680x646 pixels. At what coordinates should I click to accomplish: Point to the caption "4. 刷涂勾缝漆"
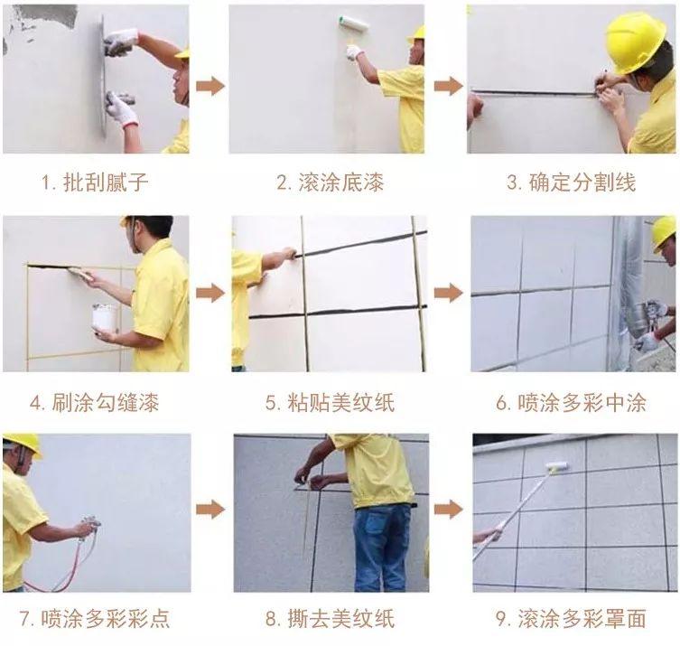95,402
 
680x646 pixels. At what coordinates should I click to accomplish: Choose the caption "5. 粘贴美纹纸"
330,402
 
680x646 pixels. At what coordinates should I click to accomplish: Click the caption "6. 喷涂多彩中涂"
571,402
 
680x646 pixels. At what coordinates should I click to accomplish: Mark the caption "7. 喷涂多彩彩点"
95,619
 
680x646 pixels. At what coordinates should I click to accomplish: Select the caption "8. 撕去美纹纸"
330,619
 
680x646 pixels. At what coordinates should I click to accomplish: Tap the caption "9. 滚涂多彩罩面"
571,619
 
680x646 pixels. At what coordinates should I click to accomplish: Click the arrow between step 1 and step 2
210,86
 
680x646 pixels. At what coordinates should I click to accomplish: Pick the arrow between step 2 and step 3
448,86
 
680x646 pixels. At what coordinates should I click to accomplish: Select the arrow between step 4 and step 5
210,293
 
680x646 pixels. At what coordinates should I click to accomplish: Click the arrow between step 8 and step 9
448,510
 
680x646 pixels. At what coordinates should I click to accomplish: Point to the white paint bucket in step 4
104,318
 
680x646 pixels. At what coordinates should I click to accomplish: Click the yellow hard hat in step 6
665,231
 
